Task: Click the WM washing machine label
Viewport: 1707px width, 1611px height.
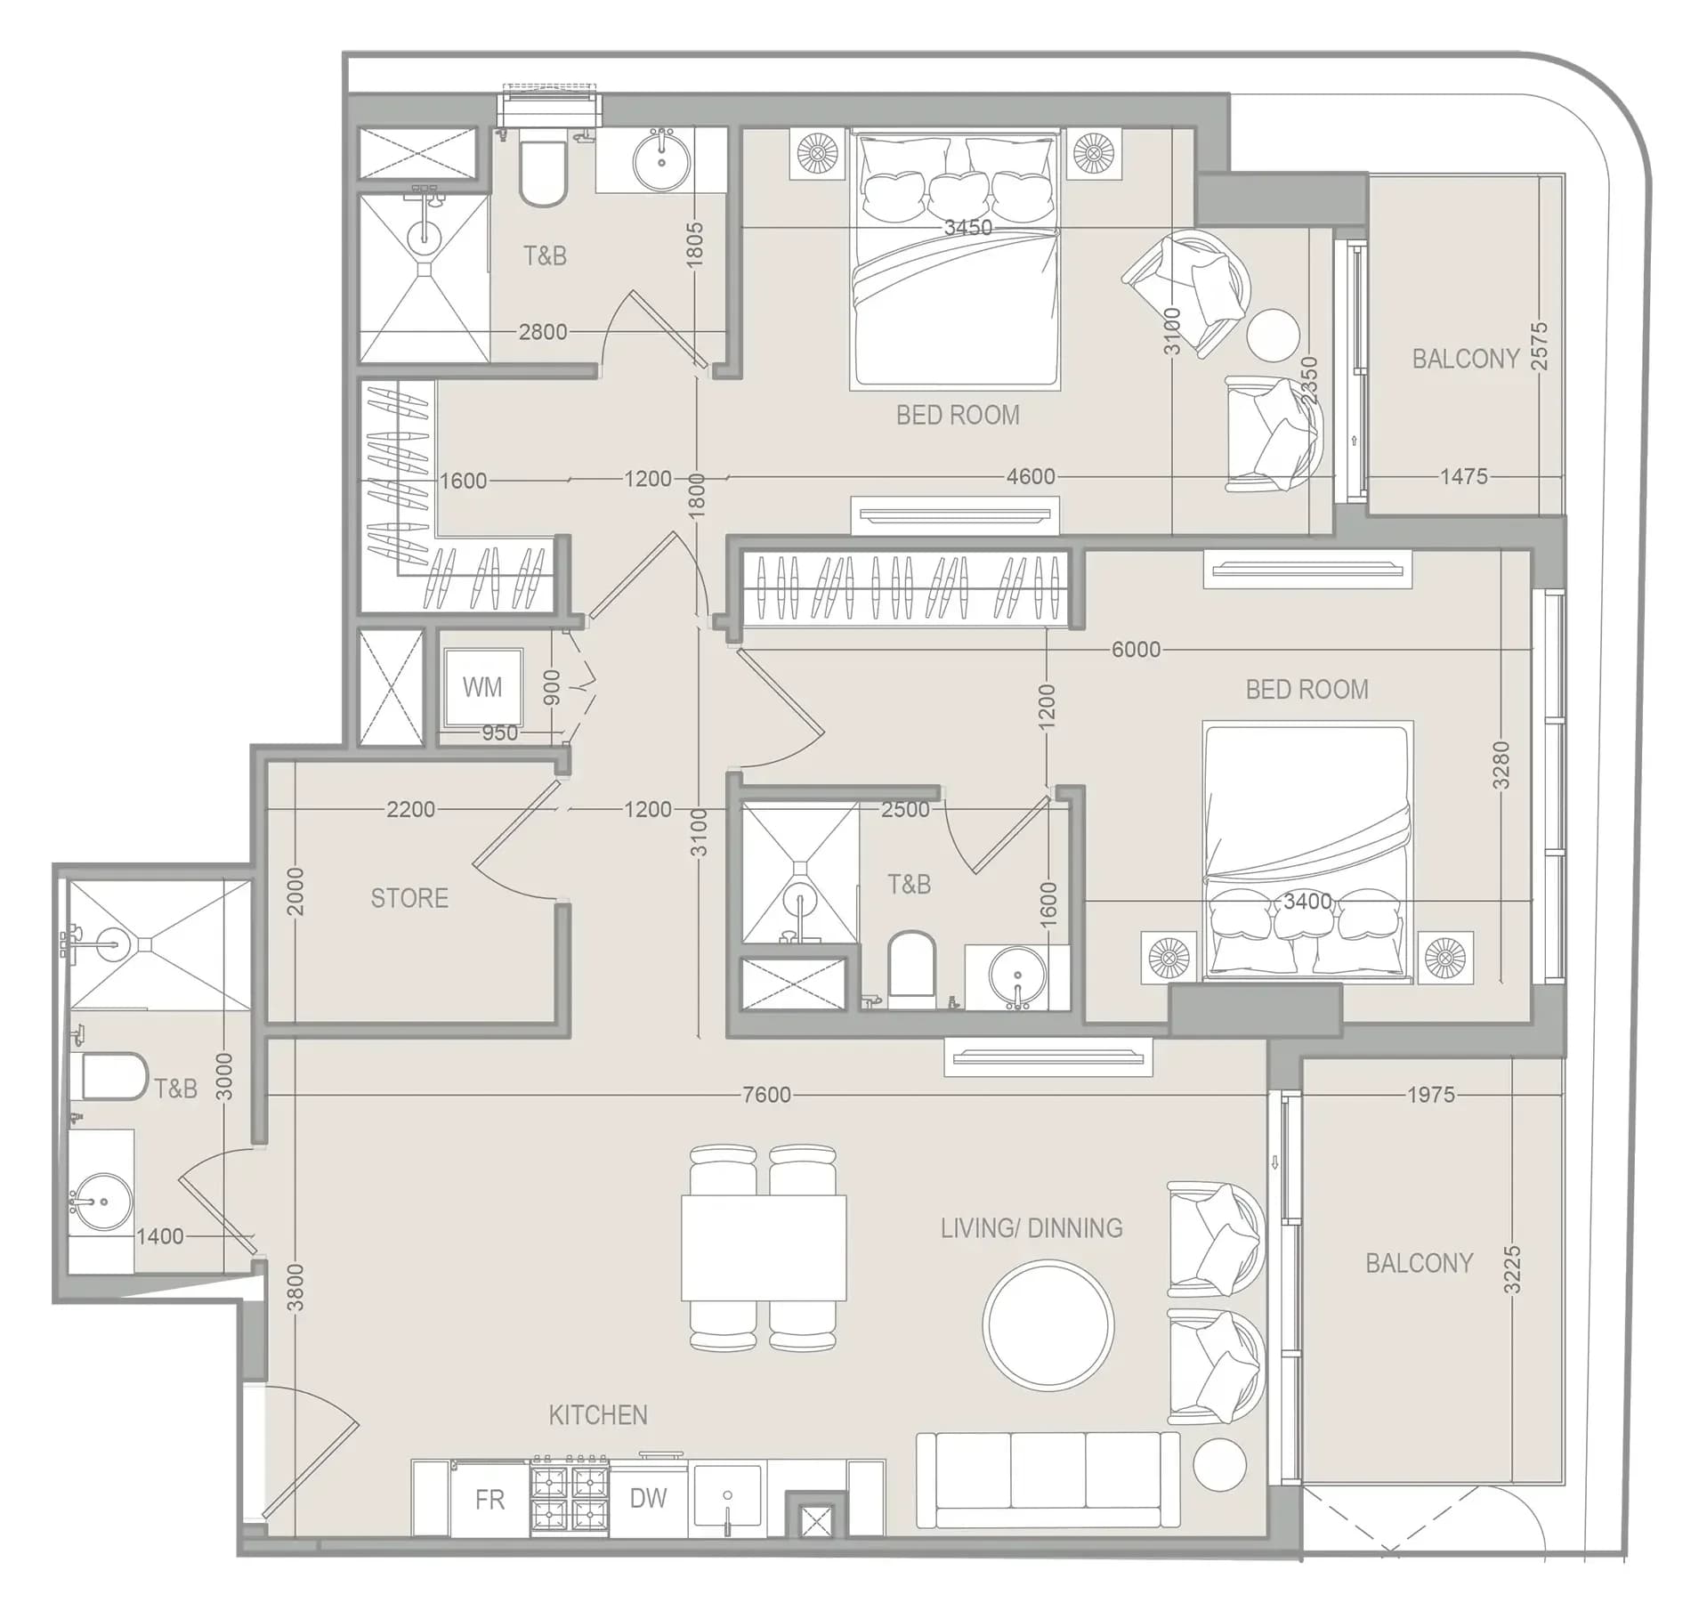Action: tap(482, 687)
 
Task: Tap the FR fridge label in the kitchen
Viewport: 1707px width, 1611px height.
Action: tap(489, 1500)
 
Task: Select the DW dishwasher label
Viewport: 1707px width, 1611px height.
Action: tap(648, 1498)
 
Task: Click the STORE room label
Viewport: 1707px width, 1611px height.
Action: tap(409, 898)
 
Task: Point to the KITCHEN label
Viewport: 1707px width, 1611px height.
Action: tap(598, 1415)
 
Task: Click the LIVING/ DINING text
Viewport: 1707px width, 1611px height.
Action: tap(1031, 1228)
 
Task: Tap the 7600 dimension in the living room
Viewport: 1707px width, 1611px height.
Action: tap(766, 1095)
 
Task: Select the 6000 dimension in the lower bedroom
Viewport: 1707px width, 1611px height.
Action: tap(1136, 650)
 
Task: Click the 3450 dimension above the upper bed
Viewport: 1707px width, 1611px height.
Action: tap(968, 228)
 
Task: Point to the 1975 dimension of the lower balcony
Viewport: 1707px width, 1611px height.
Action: tap(1431, 1095)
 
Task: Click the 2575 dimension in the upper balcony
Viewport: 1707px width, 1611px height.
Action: tap(1539, 346)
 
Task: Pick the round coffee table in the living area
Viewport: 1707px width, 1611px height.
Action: tap(1048, 1324)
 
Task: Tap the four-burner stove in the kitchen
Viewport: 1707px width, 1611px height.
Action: tap(570, 1501)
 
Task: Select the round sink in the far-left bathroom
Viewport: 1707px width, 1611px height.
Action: tap(101, 1202)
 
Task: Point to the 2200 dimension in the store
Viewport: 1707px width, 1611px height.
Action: tap(410, 810)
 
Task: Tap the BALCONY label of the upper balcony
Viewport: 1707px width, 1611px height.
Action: tap(1466, 359)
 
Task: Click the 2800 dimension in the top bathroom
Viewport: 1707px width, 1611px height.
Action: tap(543, 332)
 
